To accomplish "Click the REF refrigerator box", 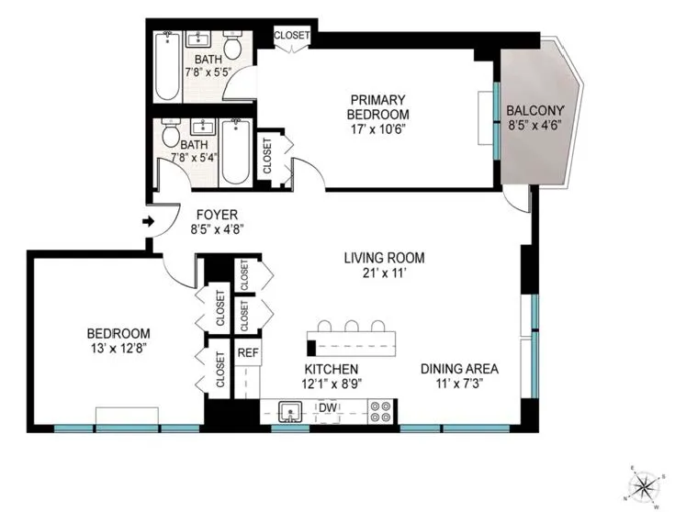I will pos(247,352).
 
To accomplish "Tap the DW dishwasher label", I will pos(328,407).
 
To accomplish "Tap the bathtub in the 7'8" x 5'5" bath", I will pos(167,66).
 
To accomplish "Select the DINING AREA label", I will pos(459,369).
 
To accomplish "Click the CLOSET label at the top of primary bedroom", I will pos(292,36).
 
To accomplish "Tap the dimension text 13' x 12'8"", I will pos(118,348).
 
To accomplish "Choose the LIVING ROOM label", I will pos(384,258).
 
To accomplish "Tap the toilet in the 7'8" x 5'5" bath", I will pos(232,46).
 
